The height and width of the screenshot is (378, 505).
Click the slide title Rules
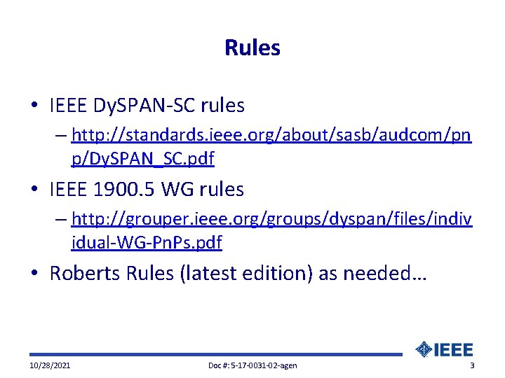click(x=252, y=48)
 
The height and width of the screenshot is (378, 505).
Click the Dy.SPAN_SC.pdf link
click(x=142, y=159)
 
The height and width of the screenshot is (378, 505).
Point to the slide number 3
click(x=472, y=366)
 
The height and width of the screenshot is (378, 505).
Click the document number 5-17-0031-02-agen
click(x=252, y=366)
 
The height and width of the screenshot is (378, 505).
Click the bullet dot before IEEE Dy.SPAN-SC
click(x=34, y=106)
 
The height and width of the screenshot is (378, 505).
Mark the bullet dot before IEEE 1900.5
click(x=34, y=189)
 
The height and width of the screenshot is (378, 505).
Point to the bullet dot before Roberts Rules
click(x=34, y=273)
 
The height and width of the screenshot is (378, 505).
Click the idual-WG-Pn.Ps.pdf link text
click(x=147, y=243)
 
